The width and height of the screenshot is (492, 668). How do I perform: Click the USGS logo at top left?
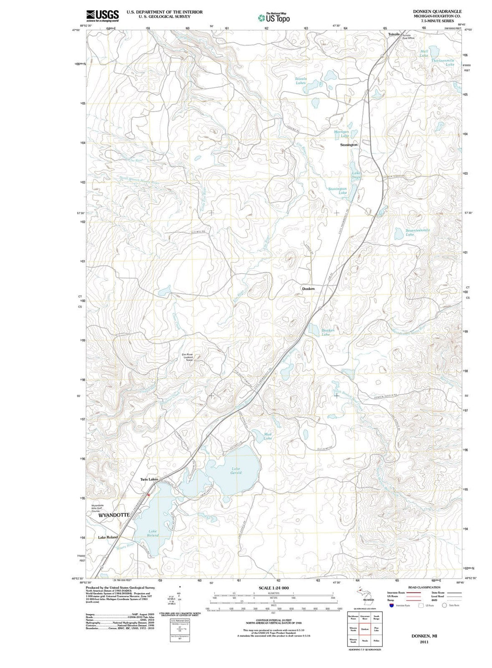click(x=102, y=16)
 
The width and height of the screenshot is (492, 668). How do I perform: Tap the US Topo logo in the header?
click(x=273, y=18)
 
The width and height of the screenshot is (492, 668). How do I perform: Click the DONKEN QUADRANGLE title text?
click(x=437, y=11)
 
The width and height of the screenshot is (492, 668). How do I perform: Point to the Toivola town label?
click(x=394, y=34)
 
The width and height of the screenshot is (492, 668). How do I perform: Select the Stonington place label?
click(x=349, y=144)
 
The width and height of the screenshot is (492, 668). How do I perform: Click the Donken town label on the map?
click(x=308, y=289)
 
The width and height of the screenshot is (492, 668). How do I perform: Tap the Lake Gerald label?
click(x=236, y=471)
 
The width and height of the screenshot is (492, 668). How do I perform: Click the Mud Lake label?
click(x=268, y=436)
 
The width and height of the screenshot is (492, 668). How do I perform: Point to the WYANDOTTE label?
click(x=114, y=514)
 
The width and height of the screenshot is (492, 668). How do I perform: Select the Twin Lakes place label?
click(x=149, y=479)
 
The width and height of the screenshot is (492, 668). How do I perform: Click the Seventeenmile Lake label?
click(x=417, y=232)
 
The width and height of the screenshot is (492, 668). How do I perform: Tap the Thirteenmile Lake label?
click(x=443, y=62)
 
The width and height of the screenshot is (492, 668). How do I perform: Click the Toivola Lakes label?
click(x=301, y=81)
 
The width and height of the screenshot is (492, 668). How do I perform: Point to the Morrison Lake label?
click(x=342, y=134)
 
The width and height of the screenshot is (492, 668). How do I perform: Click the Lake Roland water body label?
click(x=153, y=533)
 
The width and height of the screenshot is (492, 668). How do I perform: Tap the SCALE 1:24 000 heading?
click(x=273, y=588)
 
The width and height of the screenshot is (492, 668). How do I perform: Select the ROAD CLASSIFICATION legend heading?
click(x=424, y=587)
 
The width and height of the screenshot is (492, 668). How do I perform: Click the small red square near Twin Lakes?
click(x=149, y=495)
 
